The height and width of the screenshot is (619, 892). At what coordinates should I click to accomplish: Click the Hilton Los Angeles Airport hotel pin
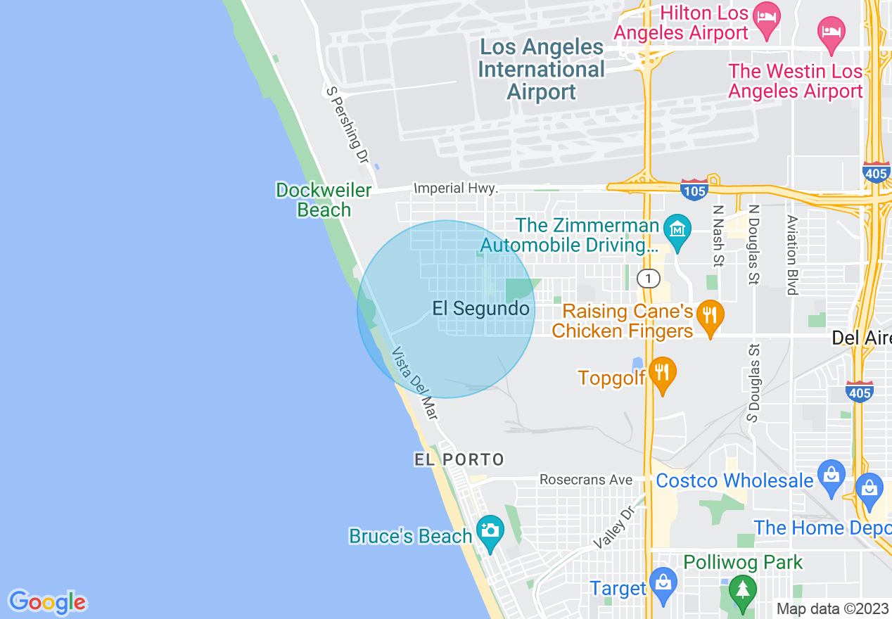pyautogui.click(x=765, y=15)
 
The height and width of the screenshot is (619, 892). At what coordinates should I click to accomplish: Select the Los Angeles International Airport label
pyautogui.click(x=541, y=70)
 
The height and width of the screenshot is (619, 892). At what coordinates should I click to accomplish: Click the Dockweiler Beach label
pyautogui.click(x=323, y=200)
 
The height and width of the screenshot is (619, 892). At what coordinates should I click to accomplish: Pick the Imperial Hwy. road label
pyautogui.click(x=456, y=189)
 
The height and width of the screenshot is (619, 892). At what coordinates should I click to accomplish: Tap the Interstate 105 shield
pyautogui.click(x=694, y=189)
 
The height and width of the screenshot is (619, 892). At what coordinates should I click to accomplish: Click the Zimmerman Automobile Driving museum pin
pyautogui.click(x=677, y=229)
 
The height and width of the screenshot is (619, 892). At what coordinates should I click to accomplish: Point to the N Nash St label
pyautogui.click(x=718, y=236)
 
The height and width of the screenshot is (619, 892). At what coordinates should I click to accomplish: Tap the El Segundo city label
pyautogui.click(x=480, y=309)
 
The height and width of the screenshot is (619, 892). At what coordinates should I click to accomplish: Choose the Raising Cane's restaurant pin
pyautogui.click(x=710, y=314)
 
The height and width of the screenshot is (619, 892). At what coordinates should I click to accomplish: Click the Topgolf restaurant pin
pyautogui.click(x=662, y=373)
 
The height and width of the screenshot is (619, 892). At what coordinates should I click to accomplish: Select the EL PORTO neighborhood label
pyautogui.click(x=459, y=460)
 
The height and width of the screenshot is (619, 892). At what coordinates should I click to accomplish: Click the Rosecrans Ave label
pyautogui.click(x=586, y=480)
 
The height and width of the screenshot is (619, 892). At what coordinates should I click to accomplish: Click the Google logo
pyautogui.click(x=47, y=602)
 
